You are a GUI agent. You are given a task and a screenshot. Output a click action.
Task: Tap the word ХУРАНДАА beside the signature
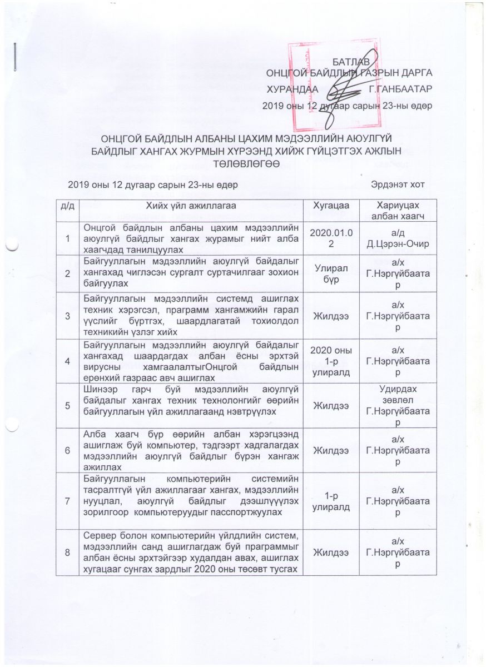[292, 89]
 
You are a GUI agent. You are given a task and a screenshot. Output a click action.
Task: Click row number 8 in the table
[68, 551]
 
